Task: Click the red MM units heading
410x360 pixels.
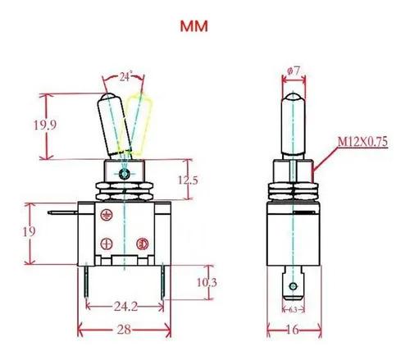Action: pos(194,26)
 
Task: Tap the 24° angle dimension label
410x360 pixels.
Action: pos(125,76)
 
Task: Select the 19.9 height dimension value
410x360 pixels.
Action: pos(45,125)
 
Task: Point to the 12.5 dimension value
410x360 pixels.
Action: pos(188,180)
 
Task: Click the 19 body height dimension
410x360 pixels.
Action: pos(29,232)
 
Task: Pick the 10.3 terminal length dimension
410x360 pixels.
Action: pos(207,282)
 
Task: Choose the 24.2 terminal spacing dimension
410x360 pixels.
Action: pos(125,307)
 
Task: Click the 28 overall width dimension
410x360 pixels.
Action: pos(124,330)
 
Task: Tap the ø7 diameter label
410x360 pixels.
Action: pos(294,71)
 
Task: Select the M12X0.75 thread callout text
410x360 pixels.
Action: pos(362,142)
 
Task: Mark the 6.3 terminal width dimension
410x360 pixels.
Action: pos(293,309)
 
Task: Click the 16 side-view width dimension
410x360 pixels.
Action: pos(293,330)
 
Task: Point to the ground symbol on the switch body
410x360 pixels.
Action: pos(106,215)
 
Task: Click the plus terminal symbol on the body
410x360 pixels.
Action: pos(107,244)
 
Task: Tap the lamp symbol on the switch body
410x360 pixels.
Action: pos(143,244)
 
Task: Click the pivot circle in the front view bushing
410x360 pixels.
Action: pos(125,174)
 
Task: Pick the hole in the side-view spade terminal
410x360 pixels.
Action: pos(294,286)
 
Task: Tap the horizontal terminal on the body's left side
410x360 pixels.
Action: pos(63,212)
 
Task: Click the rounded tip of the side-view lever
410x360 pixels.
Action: pos(294,98)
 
